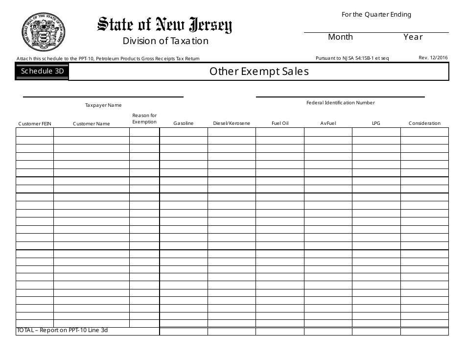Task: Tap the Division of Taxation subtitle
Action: pos(165,41)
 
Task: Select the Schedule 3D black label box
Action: pos(42,72)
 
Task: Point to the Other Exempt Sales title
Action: pos(259,72)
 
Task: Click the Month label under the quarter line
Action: pos(340,37)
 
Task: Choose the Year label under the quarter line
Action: pos(413,37)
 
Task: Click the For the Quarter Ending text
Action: pos(376,15)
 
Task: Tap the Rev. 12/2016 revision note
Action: pos(433,58)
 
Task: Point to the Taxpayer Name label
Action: pos(103,105)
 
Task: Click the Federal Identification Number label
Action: pos(340,103)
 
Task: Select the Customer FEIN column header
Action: pos(35,124)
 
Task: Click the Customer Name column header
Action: pos(92,124)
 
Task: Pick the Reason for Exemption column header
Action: pos(144,119)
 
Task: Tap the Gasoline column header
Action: pos(184,123)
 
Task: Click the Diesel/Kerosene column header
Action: pos(232,123)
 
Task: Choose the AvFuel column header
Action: pos(328,123)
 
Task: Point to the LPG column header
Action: pos(376,123)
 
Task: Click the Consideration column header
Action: pos(424,123)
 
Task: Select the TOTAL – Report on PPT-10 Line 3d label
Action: pos(62,331)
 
